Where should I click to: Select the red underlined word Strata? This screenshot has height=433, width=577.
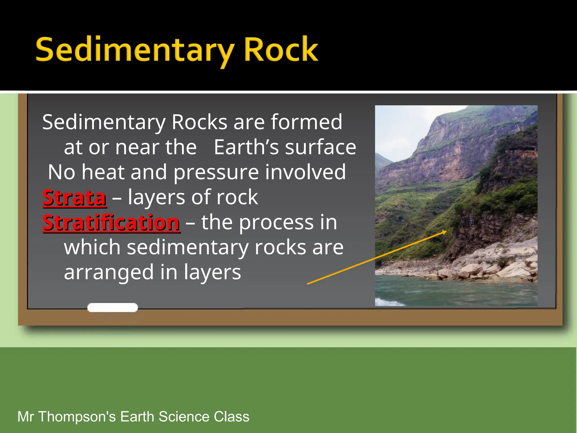74,198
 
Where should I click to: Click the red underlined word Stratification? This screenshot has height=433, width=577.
111,223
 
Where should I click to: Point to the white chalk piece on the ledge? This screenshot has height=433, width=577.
112,308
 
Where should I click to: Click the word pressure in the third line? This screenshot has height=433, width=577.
216,173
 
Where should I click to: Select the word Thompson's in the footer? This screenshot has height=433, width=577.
77,417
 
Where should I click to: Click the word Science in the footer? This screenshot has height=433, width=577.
184,417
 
